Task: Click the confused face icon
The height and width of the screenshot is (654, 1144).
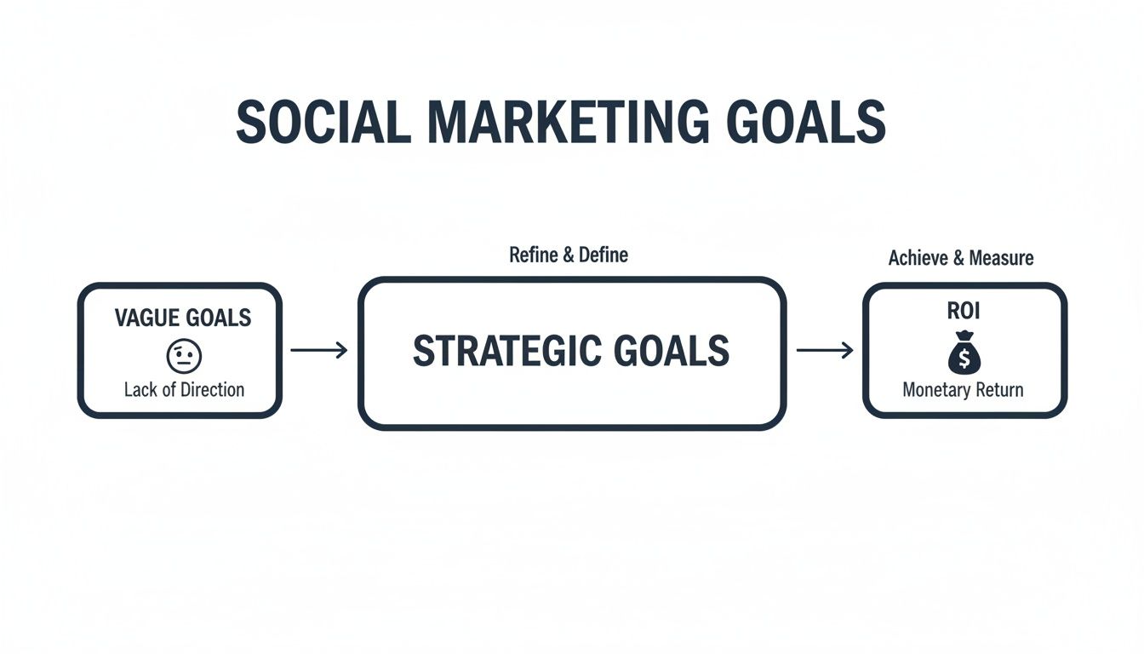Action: tap(184, 356)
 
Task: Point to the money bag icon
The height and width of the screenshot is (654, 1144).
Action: tap(964, 353)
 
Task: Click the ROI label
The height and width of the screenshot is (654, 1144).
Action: tap(964, 312)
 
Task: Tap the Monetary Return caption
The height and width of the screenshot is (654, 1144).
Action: tap(963, 390)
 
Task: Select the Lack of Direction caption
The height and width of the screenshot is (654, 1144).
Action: tap(184, 390)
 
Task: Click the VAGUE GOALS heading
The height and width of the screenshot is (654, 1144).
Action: tap(183, 318)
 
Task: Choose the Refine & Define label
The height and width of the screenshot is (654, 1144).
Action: tap(569, 255)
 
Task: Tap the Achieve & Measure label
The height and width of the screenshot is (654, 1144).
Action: tap(961, 258)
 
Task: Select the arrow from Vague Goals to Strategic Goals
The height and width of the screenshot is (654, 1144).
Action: tap(318, 350)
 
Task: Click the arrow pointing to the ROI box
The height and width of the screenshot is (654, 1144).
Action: tap(824, 350)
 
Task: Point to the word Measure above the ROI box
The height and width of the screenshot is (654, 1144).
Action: tap(1004, 258)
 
